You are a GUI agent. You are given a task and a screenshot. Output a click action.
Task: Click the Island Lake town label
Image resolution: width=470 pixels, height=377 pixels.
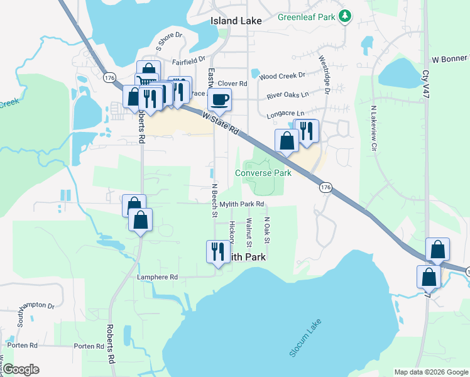233,21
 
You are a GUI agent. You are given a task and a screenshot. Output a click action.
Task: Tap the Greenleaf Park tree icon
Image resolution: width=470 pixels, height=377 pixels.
344,16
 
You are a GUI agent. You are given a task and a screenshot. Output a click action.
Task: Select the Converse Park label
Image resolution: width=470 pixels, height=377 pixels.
264,173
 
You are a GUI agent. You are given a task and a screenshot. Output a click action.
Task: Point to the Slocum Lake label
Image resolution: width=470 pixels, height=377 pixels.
305,341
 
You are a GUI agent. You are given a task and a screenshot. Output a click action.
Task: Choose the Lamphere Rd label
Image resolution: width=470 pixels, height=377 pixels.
158,277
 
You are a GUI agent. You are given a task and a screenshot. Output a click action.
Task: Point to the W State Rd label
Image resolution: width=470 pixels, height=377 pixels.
222,123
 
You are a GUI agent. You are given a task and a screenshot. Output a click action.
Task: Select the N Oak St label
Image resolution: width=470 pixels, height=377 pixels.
267,231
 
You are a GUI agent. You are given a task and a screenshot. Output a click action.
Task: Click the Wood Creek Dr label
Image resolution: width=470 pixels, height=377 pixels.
281,75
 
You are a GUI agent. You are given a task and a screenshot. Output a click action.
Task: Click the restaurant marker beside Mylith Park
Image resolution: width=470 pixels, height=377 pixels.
216,251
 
